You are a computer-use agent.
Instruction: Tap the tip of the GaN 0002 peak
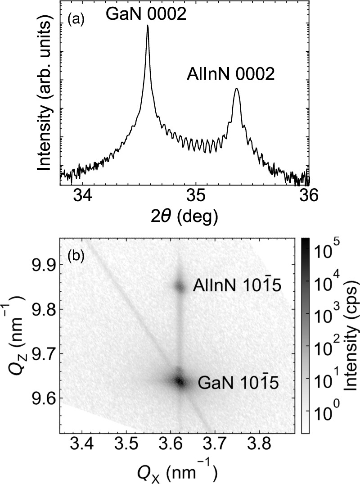(148, 26)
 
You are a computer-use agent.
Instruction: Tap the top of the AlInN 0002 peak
(236, 89)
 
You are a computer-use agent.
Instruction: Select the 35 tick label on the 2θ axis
(196, 197)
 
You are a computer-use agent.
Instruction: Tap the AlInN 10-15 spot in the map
(180, 286)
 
